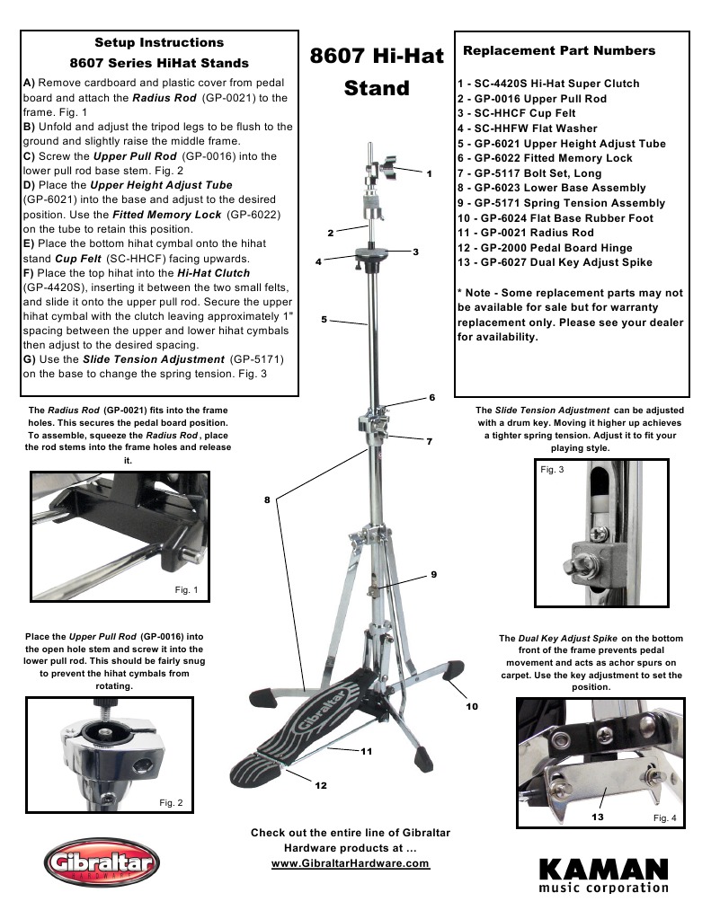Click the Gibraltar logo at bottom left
tap(101, 867)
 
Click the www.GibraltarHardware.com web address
tap(351, 863)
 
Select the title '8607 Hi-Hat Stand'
tap(377, 72)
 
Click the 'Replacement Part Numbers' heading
tap(558, 50)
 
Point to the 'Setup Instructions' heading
tap(159, 42)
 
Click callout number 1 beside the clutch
tap(430, 172)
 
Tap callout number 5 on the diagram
tap(323, 319)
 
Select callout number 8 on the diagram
tap(267, 499)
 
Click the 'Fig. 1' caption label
tap(191, 589)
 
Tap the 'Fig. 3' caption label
tap(552, 469)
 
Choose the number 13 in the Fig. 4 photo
tap(597, 817)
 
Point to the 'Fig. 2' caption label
tap(171, 801)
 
